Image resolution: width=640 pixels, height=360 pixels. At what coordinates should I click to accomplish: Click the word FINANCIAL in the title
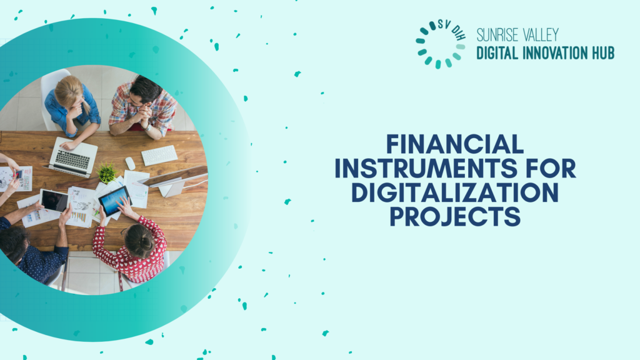(455, 144)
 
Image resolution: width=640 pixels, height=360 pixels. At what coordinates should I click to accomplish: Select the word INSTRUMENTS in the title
(426, 168)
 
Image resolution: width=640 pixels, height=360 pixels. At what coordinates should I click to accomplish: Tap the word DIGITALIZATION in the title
(455, 192)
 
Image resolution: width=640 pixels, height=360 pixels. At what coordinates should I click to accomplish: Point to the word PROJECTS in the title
(455, 216)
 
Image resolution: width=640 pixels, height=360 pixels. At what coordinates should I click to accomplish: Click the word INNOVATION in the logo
(549, 53)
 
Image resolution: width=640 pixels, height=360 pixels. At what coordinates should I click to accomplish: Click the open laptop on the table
(72, 157)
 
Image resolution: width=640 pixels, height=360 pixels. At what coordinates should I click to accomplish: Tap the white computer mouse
(130, 163)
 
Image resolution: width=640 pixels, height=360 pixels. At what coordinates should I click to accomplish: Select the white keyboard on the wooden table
(159, 155)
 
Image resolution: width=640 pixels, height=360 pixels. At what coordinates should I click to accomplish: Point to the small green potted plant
(107, 173)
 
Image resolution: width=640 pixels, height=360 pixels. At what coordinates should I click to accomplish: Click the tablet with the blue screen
(115, 201)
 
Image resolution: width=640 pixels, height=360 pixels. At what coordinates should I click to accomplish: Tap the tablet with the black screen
(54, 201)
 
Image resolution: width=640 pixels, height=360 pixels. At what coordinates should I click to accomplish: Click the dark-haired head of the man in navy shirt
(13, 243)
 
